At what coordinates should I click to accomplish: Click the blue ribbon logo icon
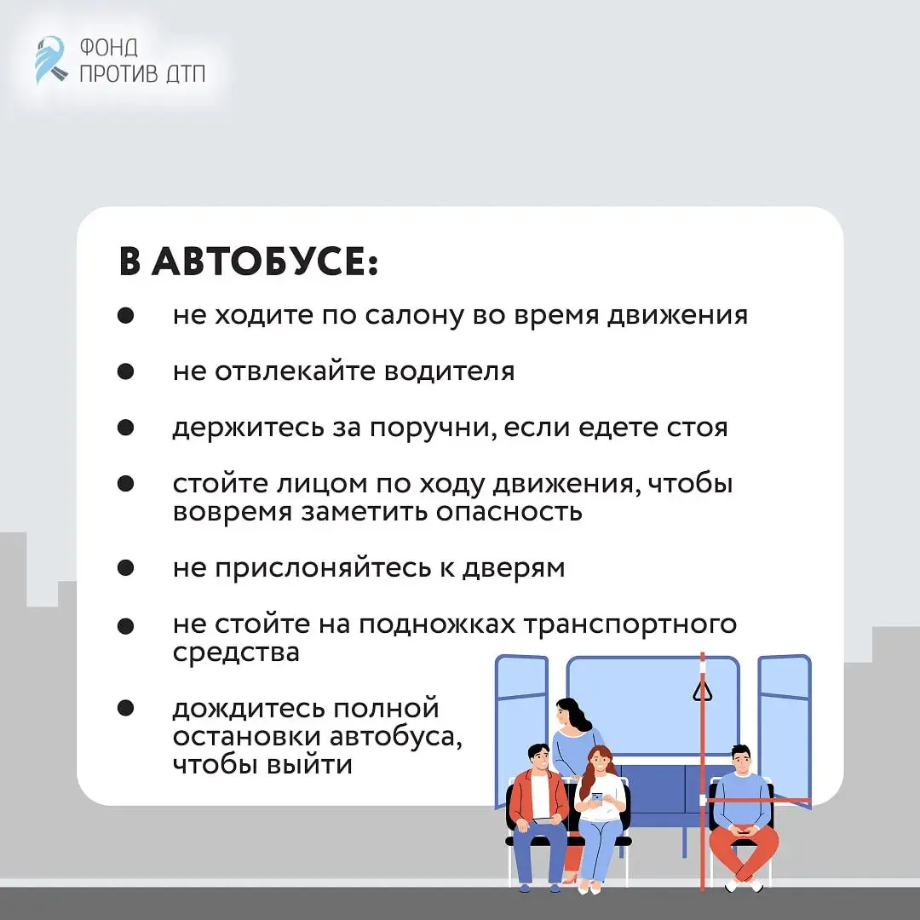point(50,60)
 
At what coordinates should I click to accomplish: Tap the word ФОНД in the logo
point(108,46)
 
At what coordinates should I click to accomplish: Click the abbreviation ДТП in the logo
point(185,73)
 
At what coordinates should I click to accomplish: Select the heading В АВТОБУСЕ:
point(248,263)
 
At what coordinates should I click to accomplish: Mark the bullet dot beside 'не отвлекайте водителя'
point(126,372)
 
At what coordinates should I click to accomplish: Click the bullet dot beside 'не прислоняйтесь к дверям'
point(126,568)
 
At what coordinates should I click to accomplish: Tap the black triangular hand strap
point(702,690)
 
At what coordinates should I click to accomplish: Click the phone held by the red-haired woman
point(596,797)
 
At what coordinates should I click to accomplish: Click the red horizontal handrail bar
point(758,801)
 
